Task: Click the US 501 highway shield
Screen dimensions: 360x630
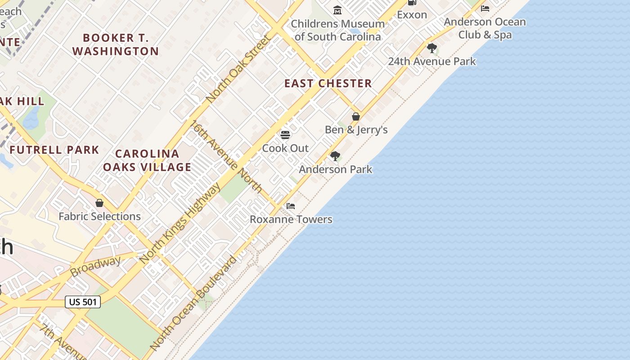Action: pyautogui.click(x=83, y=302)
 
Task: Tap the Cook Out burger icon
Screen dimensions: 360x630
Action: pyautogui.click(x=285, y=135)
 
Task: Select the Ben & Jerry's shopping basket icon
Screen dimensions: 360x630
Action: pyautogui.click(x=356, y=117)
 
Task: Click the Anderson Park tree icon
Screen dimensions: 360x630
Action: pyautogui.click(x=335, y=156)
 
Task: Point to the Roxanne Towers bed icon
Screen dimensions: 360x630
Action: pyautogui.click(x=291, y=206)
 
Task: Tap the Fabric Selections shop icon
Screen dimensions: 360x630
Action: pyautogui.click(x=99, y=203)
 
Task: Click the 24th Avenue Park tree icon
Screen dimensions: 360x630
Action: pyautogui.click(x=432, y=48)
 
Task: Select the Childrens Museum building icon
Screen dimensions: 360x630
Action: pyautogui.click(x=337, y=10)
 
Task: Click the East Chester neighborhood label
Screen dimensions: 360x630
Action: pyautogui.click(x=328, y=83)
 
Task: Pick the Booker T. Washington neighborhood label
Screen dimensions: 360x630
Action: pyautogui.click(x=116, y=45)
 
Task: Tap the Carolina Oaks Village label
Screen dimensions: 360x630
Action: pyautogui.click(x=147, y=161)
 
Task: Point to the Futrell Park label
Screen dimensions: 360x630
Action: pyautogui.click(x=54, y=150)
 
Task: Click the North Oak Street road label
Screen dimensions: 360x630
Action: pyautogui.click(x=239, y=68)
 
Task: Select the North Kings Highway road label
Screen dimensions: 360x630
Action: pyautogui.click(x=180, y=223)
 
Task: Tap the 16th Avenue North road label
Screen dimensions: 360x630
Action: pyautogui.click(x=227, y=156)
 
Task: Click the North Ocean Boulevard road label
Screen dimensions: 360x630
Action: pyautogui.click(x=193, y=303)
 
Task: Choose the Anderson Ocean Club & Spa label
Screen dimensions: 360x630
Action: pyautogui.click(x=485, y=28)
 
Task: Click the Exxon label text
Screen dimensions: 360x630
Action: pyautogui.click(x=412, y=15)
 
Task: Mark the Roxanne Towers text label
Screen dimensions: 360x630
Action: pyautogui.click(x=291, y=220)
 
